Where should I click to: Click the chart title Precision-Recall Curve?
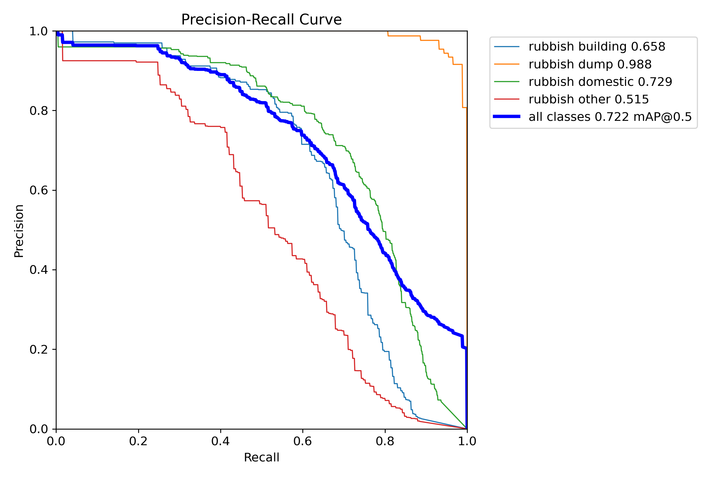pyautogui.click(x=261, y=20)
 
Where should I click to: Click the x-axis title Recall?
pyautogui.click(x=261, y=457)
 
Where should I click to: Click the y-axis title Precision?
pyautogui.click(x=19, y=231)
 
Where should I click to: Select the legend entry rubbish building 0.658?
pyautogui.click(x=597, y=47)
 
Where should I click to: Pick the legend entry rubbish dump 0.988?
pyautogui.click(x=590, y=64)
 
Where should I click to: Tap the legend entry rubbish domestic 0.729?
pyautogui.click(x=600, y=82)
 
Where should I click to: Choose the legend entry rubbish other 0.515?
pyautogui.click(x=588, y=99)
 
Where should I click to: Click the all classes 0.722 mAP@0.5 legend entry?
pyautogui.click(x=610, y=117)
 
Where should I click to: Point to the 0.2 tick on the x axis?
pyautogui.click(x=138, y=441)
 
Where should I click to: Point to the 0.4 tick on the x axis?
pyautogui.click(x=221, y=441)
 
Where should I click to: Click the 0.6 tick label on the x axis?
pyautogui.click(x=303, y=441)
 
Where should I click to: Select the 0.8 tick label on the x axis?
pyautogui.click(x=385, y=441)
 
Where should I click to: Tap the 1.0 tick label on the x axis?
pyautogui.click(x=467, y=441)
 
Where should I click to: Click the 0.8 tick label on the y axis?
pyautogui.click(x=38, y=111)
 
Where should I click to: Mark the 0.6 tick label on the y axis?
pyautogui.click(x=38, y=190)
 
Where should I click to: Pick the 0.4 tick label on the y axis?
pyautogui.click(x=38, y=270)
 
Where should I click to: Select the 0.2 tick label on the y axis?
pyautogui.click(x=38, y=349)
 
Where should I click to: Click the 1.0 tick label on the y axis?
pyautogui.click(x=38, y=31)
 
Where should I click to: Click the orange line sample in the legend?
pyautogui.click(x=507, y=64)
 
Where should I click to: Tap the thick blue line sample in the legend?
pyautogui.click(x=507, y=117)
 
